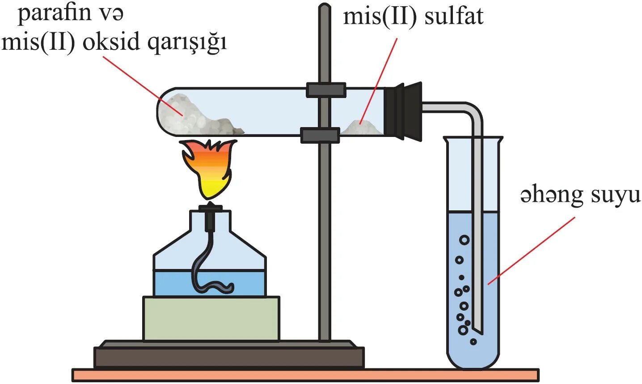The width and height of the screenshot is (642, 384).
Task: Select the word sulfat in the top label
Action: (x=454, y=17)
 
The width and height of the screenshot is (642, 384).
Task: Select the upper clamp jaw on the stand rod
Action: (x=326, y=90)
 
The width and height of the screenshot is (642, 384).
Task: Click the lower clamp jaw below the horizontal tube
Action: (x=320, y=135)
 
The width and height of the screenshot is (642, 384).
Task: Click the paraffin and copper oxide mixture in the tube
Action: (x=197, y=115)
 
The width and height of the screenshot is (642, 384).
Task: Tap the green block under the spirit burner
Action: (x=211, y=318)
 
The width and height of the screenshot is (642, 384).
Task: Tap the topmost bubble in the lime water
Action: (x=465, y=240)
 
